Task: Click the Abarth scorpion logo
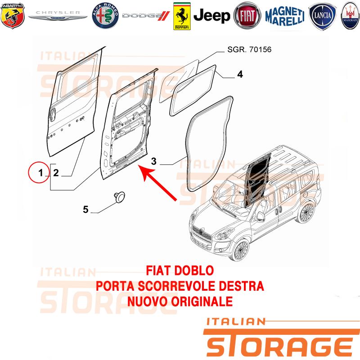pos(13,16)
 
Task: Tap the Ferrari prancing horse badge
pos(182,16)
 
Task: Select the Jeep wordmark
pos(211,16)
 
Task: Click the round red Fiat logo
pos(247,16)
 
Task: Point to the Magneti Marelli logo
pos(285,16)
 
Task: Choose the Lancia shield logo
pos(322,16)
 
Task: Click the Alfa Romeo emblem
pos(105,16)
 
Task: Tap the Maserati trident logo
pos(351,16)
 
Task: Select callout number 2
pos(56,173)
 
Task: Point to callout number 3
pos(153,161)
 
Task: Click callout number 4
pos(240,74)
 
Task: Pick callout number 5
pos(85,209)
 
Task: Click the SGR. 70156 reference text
pos(249,49)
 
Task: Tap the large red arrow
pos(158,183)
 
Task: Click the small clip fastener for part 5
pos(120,197)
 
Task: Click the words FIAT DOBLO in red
pos(180,270)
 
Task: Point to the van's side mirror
pos(261,216)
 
